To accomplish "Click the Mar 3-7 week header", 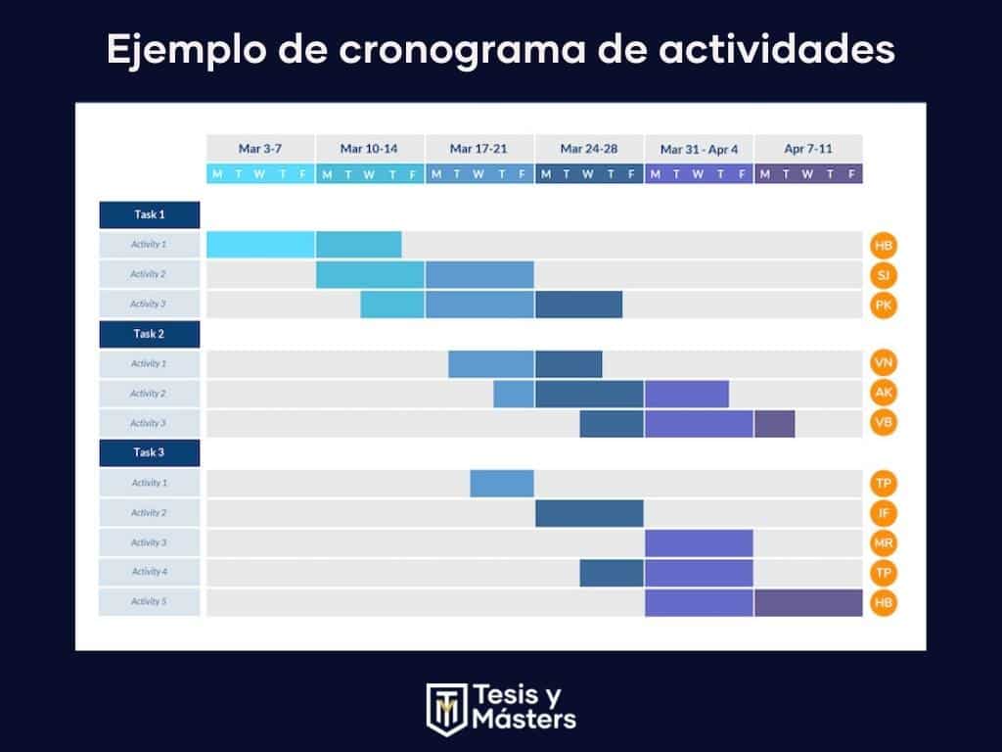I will [x=260, y=149].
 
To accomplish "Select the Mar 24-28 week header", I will [x=589, y=149].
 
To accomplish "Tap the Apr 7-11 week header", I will [x=808, y=149].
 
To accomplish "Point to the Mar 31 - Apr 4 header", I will [x=699, y=149].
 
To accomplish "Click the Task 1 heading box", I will [x=150, y=214].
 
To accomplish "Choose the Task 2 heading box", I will [x=150, y=334].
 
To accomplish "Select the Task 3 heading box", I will [x=150, y=452].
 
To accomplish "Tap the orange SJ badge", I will [x=884, y=275].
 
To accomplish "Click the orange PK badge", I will [x=884, y=305].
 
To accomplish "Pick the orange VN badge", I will [x=884, y=364].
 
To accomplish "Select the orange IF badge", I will [x=884, y=513].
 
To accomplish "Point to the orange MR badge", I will [x=884, y=542].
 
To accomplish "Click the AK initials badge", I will [x=884, y=394].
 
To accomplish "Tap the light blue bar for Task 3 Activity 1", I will [x=502, y=484].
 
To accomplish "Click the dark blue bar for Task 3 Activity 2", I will [x=589, y=513].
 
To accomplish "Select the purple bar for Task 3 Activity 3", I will [x=699, y=542].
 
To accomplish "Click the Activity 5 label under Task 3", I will [x=150, y=601].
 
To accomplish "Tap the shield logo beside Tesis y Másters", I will [x=445, y=707].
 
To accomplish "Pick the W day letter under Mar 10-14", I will [x=369, y=174].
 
